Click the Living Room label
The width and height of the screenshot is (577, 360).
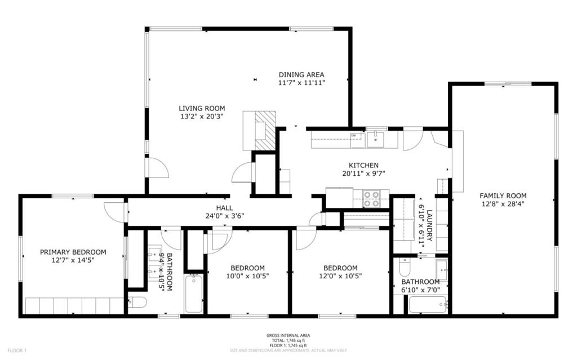coord(202,108)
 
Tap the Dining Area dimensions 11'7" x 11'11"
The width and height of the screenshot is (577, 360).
coord(301,83)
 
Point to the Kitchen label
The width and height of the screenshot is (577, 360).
coord(363,165)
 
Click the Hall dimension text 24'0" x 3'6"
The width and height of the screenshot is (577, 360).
coord(224,216)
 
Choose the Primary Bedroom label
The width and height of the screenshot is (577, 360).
coord(73,252)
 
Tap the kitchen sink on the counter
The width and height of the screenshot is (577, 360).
coord(375,139)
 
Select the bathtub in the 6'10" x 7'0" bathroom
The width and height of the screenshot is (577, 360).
coord(428,305)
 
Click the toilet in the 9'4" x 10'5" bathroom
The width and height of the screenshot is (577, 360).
coord(138,303)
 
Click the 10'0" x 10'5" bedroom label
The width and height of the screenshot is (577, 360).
coord(247,268)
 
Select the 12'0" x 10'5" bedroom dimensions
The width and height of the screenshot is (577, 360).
coord(340,276)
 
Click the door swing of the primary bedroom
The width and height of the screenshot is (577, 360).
coord(115,211)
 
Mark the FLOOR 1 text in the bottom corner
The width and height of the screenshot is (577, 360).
coord(17,351)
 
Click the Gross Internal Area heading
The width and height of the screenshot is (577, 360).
coord(288,336)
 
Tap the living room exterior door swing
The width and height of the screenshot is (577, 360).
coord(157,168)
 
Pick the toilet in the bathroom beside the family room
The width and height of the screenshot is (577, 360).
coord(405,266)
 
